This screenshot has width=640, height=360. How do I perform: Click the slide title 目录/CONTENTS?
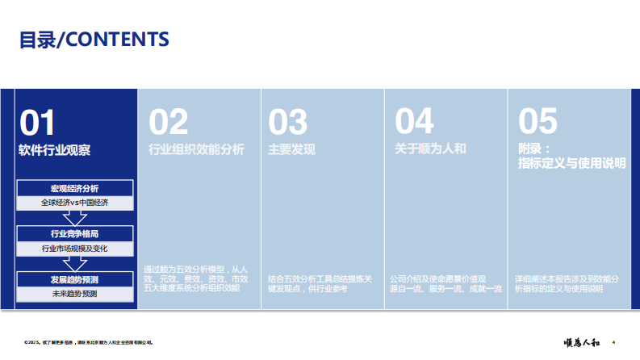pyautogui.click(x=94, y=40)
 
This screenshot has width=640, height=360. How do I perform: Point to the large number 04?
pyautogui.click(x=414, y=123)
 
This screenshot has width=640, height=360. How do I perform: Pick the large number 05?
pyautogui.click(x=538, y=123)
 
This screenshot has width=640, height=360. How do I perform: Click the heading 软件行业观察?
pyautogui.click(x=55, y=149)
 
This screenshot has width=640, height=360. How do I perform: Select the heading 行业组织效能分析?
pyautogui.click(x=196, y=149)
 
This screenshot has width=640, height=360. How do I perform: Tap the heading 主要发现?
pyautogui.click(x=291, y=149)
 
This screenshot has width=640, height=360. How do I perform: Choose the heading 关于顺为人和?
pyautogui.click(x=430, y=149)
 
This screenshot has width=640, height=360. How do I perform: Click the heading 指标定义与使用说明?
pyautogui.click(x=572, y=164)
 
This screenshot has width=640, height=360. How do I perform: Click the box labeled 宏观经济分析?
pyautogui.click(x=74, y=188)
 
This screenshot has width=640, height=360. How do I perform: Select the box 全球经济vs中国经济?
pyautogui.click(x=74, y=203)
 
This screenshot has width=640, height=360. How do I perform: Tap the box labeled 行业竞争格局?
pyautogui.click(x=74, y=234)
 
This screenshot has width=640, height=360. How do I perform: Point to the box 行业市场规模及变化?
pyautogui.click(x=74, y=249)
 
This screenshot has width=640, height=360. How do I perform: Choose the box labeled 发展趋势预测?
pyautogui.click(x=74, y=279)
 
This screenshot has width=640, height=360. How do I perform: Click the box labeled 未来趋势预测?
pyautogui.click(x=74, y=295)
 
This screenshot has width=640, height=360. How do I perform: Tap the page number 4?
pyautogui.click(x=615, y=342)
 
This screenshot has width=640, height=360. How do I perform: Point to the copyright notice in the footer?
pyautogui.click(x=88, y=343)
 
